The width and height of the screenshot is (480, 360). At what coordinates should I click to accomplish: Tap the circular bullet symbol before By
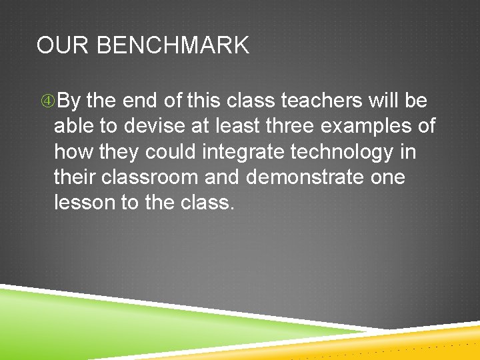point(47,101)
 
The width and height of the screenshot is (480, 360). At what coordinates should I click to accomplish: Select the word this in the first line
point(204,101)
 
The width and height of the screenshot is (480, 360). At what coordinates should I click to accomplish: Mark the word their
point(72,177)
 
